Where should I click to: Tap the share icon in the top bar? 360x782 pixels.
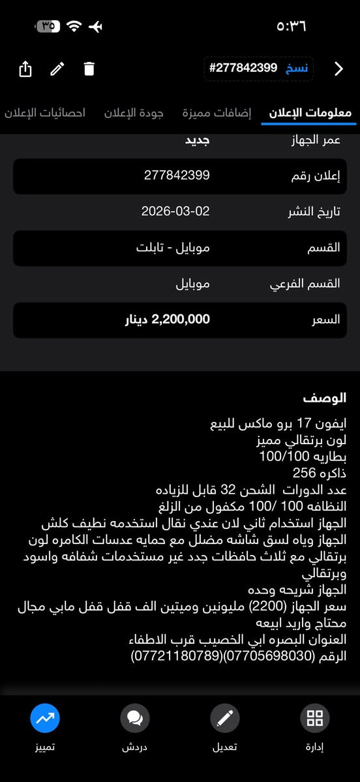tap(25, 68)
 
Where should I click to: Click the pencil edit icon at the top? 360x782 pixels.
tap(57, 68)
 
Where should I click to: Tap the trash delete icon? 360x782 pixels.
tap(89, 68)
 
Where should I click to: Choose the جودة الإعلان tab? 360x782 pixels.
tap(134, 113)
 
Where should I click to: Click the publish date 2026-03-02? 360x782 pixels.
tap(175, 211)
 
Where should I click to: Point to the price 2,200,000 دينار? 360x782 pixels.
tap(168, 320)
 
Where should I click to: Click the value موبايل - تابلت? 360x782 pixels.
tap(173, 248)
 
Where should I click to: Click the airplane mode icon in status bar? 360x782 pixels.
tap(96, 27)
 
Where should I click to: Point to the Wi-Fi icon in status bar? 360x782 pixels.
tap(74, 27)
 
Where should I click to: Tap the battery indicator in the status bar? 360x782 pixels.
tap(47, 27)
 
